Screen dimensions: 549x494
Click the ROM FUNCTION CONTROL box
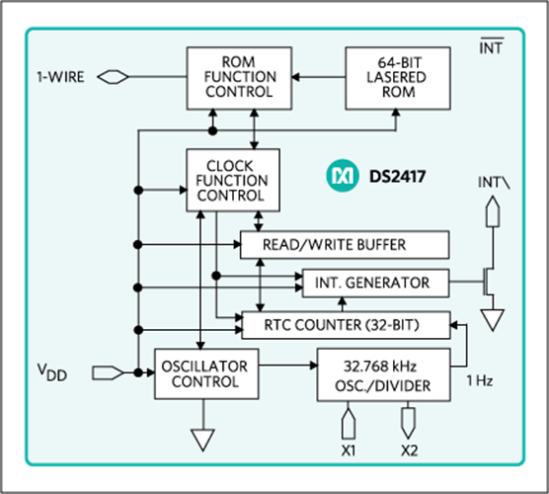pyautogui.click(x=239, y=78)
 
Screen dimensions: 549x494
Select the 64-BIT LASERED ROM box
pyautogui.click(x=398, y=78)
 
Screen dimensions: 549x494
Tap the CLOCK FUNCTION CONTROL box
pyautogui.click(x=233, y=180)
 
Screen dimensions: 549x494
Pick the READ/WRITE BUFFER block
pyautogui.click(x=345, y=245)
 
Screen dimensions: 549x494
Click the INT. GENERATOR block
pyautogui.click(x=375, y=284)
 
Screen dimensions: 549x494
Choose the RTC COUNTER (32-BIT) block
pyautogui.click(x=346, y=325)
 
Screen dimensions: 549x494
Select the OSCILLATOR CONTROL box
pyautogui.click(x=206, y=373)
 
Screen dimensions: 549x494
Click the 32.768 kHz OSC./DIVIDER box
pyautogui.click(x=383, y=374)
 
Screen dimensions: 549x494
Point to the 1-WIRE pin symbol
pyautogui.click(x=113, y=77)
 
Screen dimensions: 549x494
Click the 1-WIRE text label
pyautogui.click(x=60, y=77)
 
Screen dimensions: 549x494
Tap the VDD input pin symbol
pyautogui.click(x=108, y=372)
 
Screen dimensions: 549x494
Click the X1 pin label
pyautogui.click(x=349, y=451)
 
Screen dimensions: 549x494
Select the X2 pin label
pyautogui.click(x=409, y=451)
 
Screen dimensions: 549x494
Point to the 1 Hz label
pyautogui.click(x=480, y=380)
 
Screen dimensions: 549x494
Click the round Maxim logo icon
pyautogui.click(x=343, y=176)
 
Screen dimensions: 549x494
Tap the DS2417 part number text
pyautogui.click(x=398, y=176)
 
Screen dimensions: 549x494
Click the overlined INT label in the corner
pyautogui.click(x=491, y=46)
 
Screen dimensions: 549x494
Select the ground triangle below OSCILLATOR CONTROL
pyautogui.click(x=202, y=441)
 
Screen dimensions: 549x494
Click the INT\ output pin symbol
pyautogui.click(x=493, y=210)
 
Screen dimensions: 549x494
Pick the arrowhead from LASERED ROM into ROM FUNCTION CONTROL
pyautogui.click(x=296, y=77)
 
